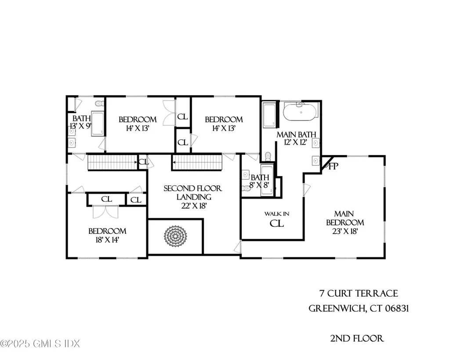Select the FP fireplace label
click(x=333, y=167)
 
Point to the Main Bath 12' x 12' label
click(x=297, y=138)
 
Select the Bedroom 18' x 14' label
click(x=107, y=235)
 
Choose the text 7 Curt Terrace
click(x=359, y=293)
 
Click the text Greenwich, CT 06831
click(x=359, y=308)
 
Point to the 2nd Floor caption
click(x=357, y=338)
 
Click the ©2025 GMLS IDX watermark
click(x=40, y=343)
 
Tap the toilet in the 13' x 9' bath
click(x=99, y=104)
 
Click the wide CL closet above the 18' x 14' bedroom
click(x=106, y=199)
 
